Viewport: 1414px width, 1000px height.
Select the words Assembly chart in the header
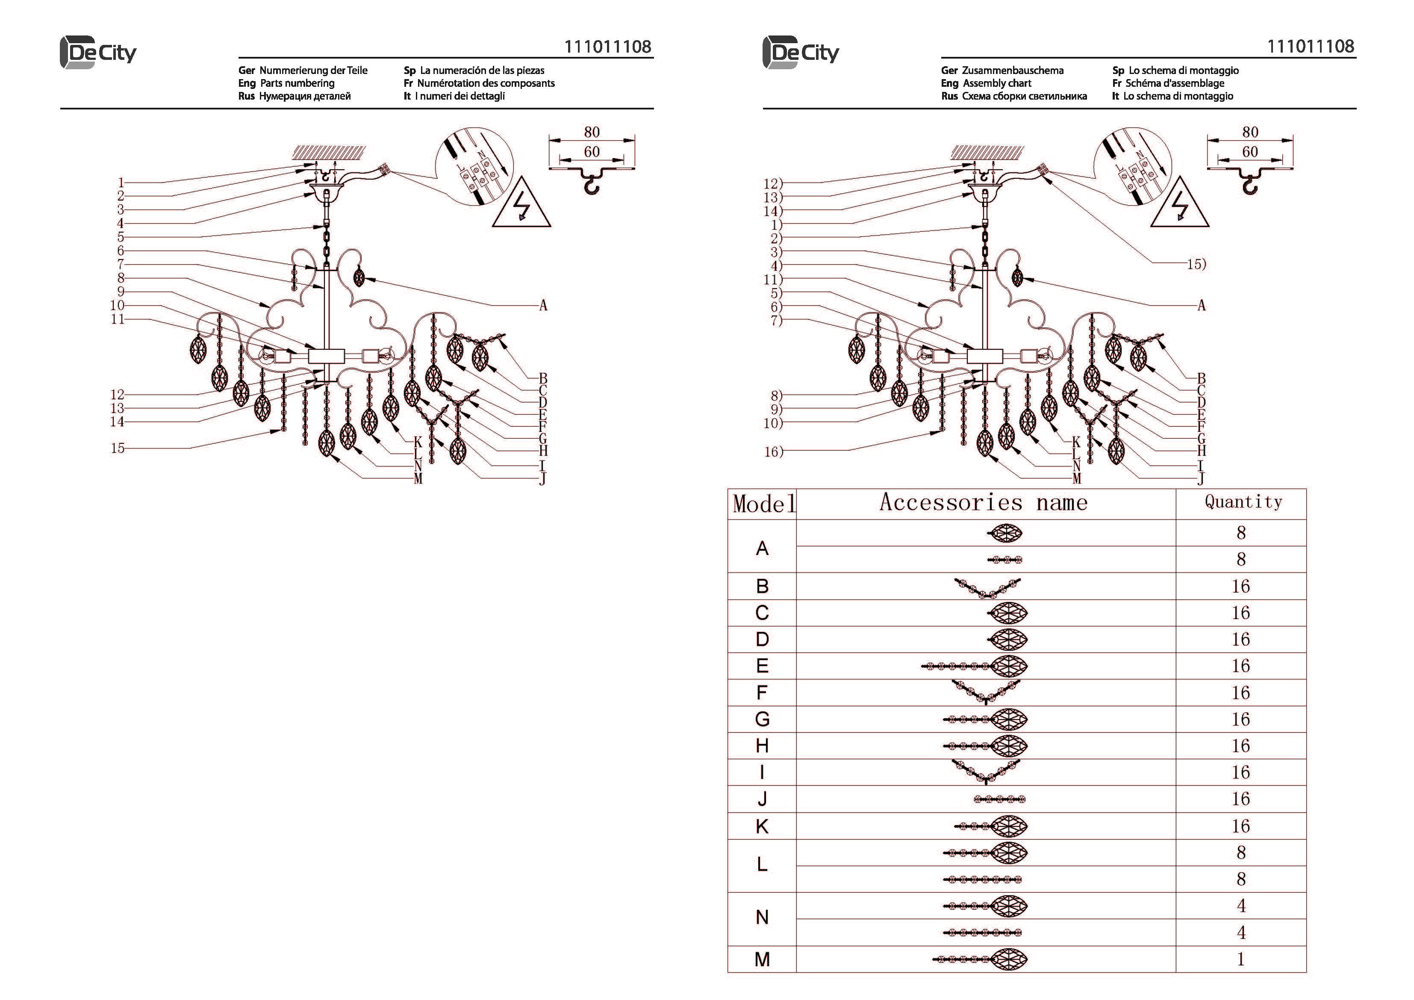[997, 83]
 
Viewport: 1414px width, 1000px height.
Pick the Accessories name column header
[984, 503]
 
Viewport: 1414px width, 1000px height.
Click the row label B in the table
[763, 586]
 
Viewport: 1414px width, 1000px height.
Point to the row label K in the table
[763, 826]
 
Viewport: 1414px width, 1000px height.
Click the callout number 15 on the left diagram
[118, 448]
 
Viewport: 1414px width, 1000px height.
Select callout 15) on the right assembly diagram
[1196, 264]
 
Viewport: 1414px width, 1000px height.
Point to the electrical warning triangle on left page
[521, 204]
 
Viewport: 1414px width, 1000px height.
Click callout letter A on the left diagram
[543, 306]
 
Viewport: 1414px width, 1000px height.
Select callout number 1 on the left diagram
[121, 183]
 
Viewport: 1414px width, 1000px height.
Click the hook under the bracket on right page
[1249, 184]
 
